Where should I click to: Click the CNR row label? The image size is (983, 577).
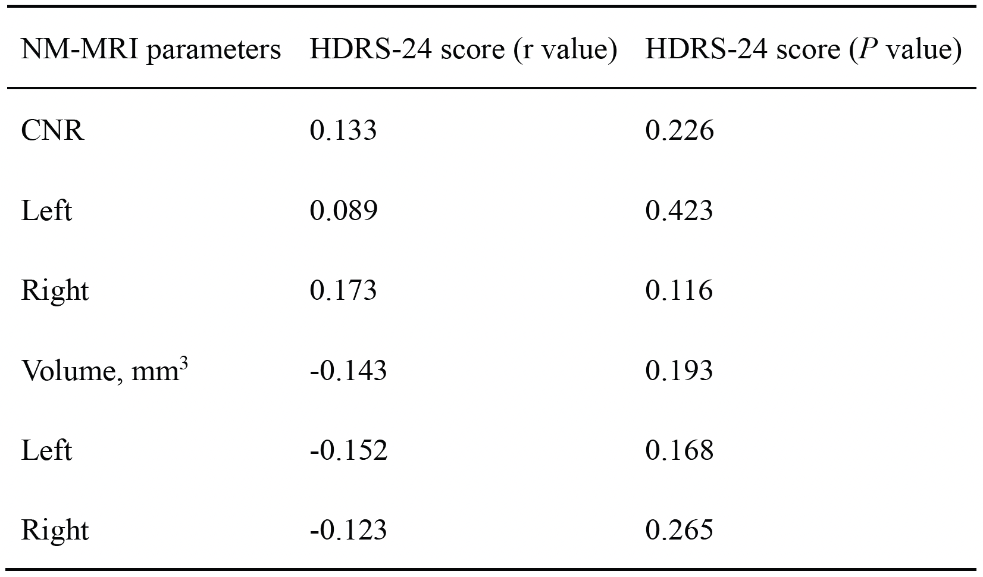pos(52,130)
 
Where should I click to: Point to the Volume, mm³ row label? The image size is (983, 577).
pos(105,369)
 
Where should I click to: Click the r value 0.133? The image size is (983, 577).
pos(343,130)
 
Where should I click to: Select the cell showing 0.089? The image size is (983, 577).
pos(343,211)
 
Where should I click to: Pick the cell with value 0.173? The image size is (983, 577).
pos(343,290)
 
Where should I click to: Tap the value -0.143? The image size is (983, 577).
pos(349,371)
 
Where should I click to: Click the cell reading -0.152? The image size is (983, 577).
pos(349,451)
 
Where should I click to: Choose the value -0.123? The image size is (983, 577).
pos(349,530)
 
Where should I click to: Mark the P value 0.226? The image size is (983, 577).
pos(680,130)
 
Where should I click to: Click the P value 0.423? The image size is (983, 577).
pos(679,211)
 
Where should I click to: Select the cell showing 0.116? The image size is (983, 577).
pos(679,290)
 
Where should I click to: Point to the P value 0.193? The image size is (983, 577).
pos(679,371)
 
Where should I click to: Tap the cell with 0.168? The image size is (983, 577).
pos(680,451)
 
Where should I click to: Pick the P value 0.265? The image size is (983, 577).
pos(679,530)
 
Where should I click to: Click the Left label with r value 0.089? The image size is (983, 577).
pos(46,211)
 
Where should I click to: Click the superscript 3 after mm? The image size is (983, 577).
pos(184,363)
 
